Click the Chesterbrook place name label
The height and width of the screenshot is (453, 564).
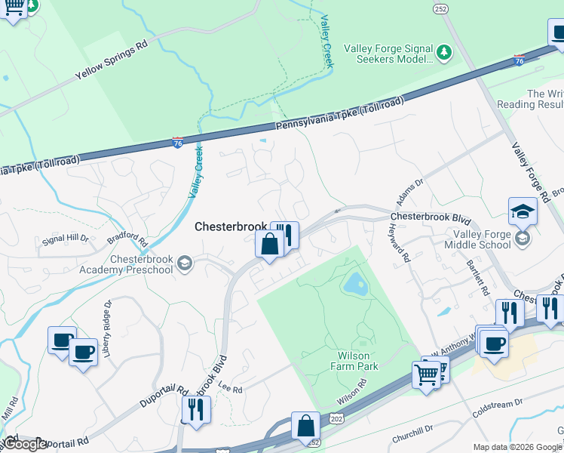tap(231, 226)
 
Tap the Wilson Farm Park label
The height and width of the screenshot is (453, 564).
tap(354, 361)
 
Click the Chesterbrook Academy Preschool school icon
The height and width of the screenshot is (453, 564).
tap(185, 263)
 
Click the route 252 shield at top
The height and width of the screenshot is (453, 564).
tap(440, 8)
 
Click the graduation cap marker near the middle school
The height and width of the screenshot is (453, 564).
tap(523, 212)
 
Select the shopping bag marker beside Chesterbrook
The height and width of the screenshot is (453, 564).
tap(269, 245)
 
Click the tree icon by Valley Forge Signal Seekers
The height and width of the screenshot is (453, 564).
tap(445, 52)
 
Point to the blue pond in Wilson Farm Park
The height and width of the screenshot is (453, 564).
tap(354, 285)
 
